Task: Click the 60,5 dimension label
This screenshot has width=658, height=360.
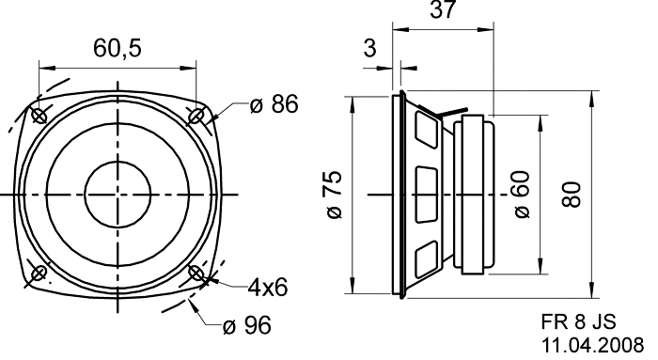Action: click(117, 48)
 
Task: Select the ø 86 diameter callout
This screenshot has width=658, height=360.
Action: click(274, 104)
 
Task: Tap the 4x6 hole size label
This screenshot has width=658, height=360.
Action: click(268, 288)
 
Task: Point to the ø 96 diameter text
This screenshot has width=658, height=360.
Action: click(247, 325)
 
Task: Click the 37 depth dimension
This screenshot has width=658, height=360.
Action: click(443, 9)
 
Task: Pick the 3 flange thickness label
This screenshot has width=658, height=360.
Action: click(369, 48)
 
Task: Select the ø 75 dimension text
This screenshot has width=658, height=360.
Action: click(335, 195)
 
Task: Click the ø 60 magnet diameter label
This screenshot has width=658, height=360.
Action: click(522, 195)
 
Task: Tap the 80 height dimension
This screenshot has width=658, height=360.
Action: click(572, 195)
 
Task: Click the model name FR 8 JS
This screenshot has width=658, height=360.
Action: click(578, 321)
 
